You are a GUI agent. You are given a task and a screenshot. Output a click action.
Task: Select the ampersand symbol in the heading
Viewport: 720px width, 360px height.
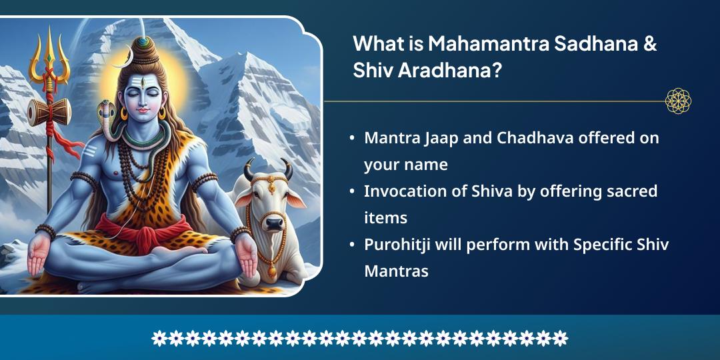pyautogui.click(x=650, y=45)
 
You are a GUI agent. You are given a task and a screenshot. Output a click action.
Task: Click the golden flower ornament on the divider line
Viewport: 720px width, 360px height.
pyautogui.click(x=678, y=101)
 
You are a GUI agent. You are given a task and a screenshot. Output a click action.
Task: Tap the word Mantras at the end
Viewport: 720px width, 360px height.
pyautogui.click(x=396, y=271)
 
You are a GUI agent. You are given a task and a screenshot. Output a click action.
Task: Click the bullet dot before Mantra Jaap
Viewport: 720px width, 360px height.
pyautogui.click(x=352, y=139)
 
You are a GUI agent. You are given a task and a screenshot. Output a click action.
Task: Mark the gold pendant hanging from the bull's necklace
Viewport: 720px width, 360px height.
pyautogui.click(x=271, y=272)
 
